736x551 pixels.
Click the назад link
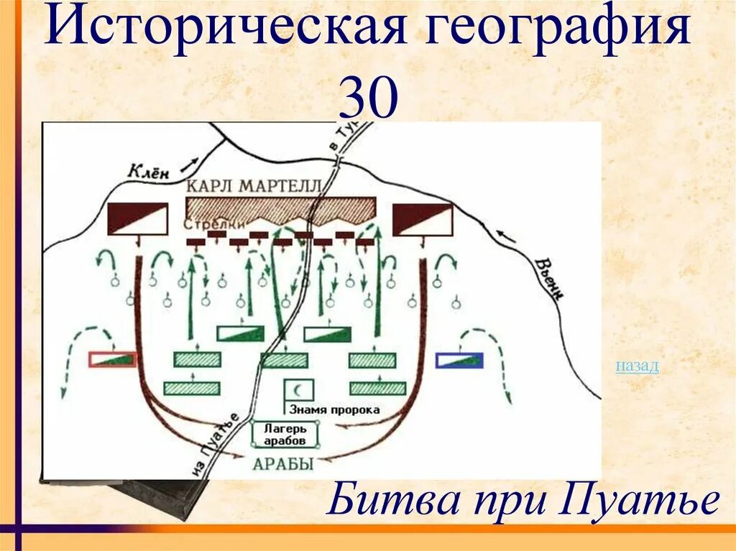[637, 366]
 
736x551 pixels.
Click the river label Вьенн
[547, 277]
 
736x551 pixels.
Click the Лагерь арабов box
[285, 434]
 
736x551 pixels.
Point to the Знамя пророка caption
[333, 409]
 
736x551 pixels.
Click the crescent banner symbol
[297, 389]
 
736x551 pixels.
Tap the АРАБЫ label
[283, 463]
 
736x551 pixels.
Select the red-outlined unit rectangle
[112, 359]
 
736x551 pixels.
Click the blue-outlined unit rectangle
[459, 359]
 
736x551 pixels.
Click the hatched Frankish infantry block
[280, 207]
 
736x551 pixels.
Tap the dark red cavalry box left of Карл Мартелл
[137, 218]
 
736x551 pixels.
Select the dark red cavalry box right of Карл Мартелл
[422, 218]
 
